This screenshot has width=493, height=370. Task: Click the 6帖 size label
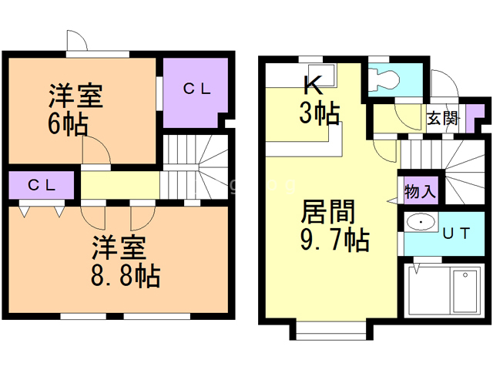point(68,125)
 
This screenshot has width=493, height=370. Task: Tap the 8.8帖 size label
point(126,276)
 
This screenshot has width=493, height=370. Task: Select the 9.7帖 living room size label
point(335,240)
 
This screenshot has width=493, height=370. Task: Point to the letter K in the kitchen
point(314,84)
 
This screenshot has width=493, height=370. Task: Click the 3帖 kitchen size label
point(320,113)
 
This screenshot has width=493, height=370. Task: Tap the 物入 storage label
point(420,191)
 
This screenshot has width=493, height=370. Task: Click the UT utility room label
point(456,233)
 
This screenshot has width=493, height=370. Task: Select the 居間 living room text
point(327,212)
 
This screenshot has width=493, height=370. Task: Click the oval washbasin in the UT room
point(421,222)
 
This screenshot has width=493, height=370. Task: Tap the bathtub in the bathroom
point(465,291)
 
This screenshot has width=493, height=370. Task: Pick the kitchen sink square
point(322,76)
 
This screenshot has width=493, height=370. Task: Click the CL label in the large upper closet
point(197,89)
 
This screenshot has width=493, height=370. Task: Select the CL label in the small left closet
point(42,185)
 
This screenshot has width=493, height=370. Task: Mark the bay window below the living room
point(331,331)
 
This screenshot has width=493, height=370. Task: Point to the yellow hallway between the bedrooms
point(120,185)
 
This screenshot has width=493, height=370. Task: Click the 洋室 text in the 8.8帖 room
point(119,247)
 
